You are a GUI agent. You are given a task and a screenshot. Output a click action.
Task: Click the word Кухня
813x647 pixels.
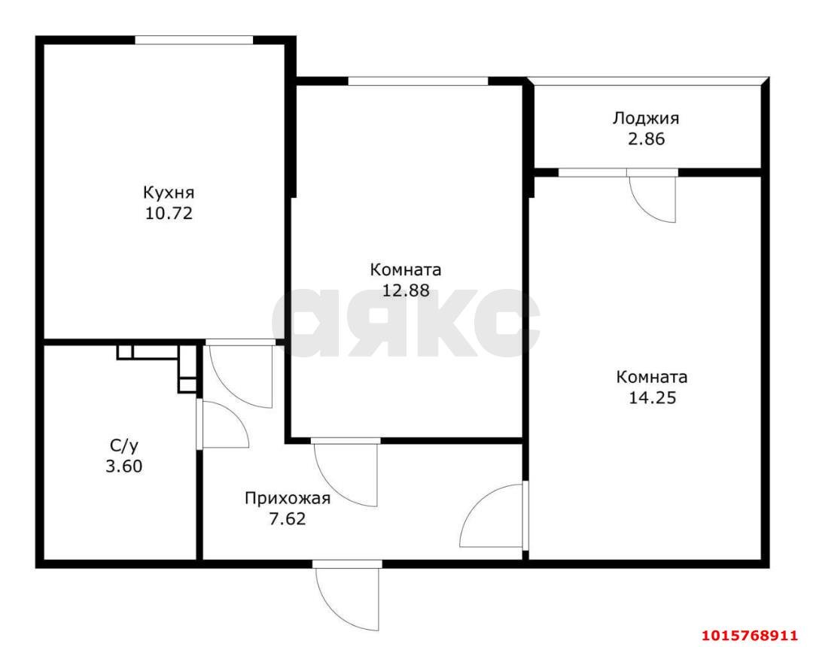[169, 192]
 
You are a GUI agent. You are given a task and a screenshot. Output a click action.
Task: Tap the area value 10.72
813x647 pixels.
[169, 213]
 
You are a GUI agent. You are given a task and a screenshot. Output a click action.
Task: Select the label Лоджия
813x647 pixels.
[646, 118]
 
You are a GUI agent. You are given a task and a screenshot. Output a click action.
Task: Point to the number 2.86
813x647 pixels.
[646, 139]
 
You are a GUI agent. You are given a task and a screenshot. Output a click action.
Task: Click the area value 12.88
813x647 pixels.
[406, 290]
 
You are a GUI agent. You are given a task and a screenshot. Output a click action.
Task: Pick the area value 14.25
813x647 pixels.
[652, 398]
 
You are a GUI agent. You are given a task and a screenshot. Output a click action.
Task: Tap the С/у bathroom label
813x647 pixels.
[123, 445]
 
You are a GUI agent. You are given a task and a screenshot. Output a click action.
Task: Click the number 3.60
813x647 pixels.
[123, 466]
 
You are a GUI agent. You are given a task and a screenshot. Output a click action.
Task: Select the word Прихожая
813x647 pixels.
[288, 497]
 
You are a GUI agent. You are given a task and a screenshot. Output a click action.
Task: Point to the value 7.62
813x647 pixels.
[288, 518]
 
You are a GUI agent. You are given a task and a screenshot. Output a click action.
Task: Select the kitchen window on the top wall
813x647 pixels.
[194, 40]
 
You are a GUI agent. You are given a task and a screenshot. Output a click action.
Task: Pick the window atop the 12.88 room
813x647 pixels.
[418, 81]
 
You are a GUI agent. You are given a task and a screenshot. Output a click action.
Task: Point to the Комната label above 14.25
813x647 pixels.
[652, 377]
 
